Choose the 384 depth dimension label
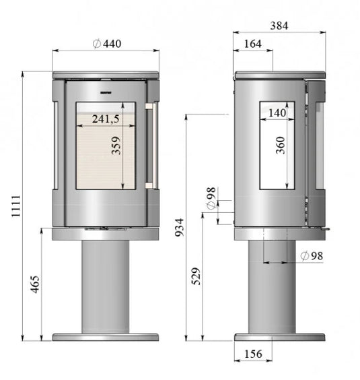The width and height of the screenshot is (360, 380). click(279, 26)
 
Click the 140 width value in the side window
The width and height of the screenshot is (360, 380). click(276, 113)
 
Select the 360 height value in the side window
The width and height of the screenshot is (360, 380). click(281, 145)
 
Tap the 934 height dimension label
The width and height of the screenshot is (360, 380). click(178, 229)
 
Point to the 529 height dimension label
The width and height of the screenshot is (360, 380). click(196, 276)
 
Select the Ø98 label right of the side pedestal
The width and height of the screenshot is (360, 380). click(312, 255)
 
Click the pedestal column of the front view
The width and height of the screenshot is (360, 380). click(105, 286)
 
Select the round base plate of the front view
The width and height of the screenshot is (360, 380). click(106, 336)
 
